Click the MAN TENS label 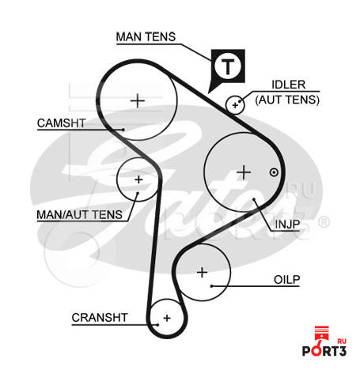tap(146, 36)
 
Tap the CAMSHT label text tap(62, 123)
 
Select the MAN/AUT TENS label tap(79, 215)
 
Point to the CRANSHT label tap(100, 318)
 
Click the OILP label tap(287, 280)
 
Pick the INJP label tap(287, 225)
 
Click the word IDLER tap(289, 85)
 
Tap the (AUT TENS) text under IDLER tap(287, 100)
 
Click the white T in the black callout tap(228, 66)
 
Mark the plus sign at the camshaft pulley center tap(138, 100)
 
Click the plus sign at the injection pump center tap(244, 172)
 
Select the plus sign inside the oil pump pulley tap(203, 272)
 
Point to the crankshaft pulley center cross tap(167, 318)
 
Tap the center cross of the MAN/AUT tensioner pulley tap(138, 179)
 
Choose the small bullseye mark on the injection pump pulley tap(274, 172)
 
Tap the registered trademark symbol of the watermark tap(324, 222)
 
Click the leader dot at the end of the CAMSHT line tap(123, 130)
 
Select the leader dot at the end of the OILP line tap(211, 286)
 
